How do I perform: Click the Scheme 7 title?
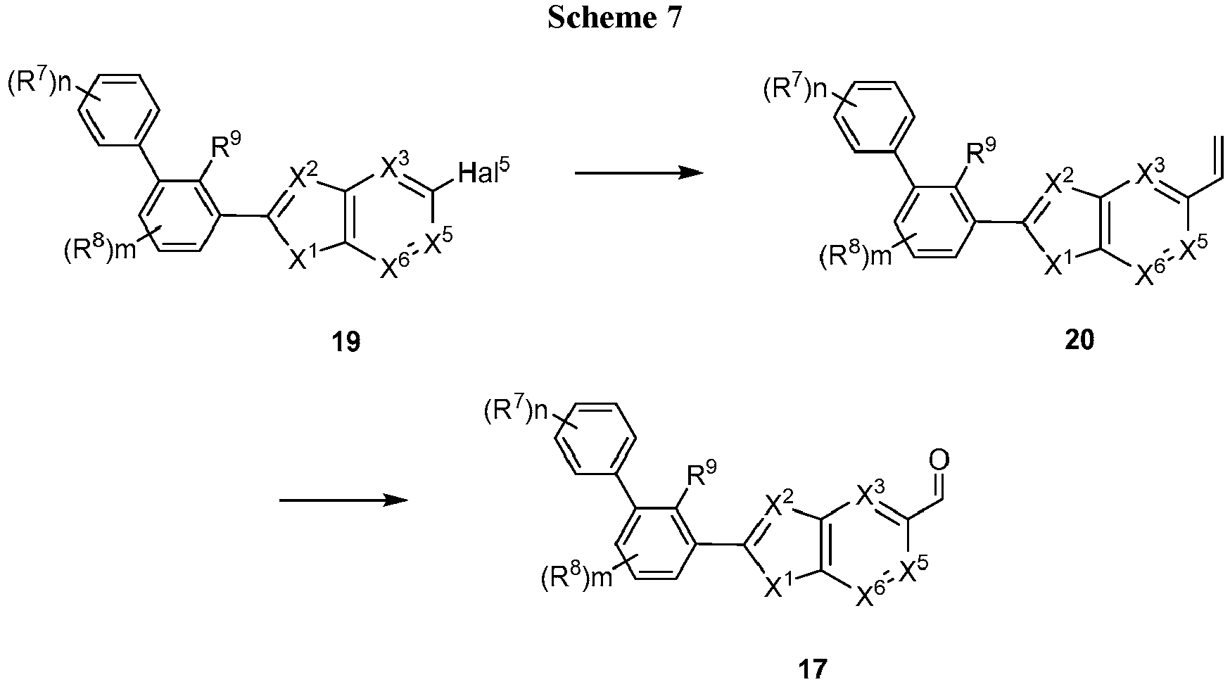tap(615, 18)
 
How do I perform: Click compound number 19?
tap(347, 342)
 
